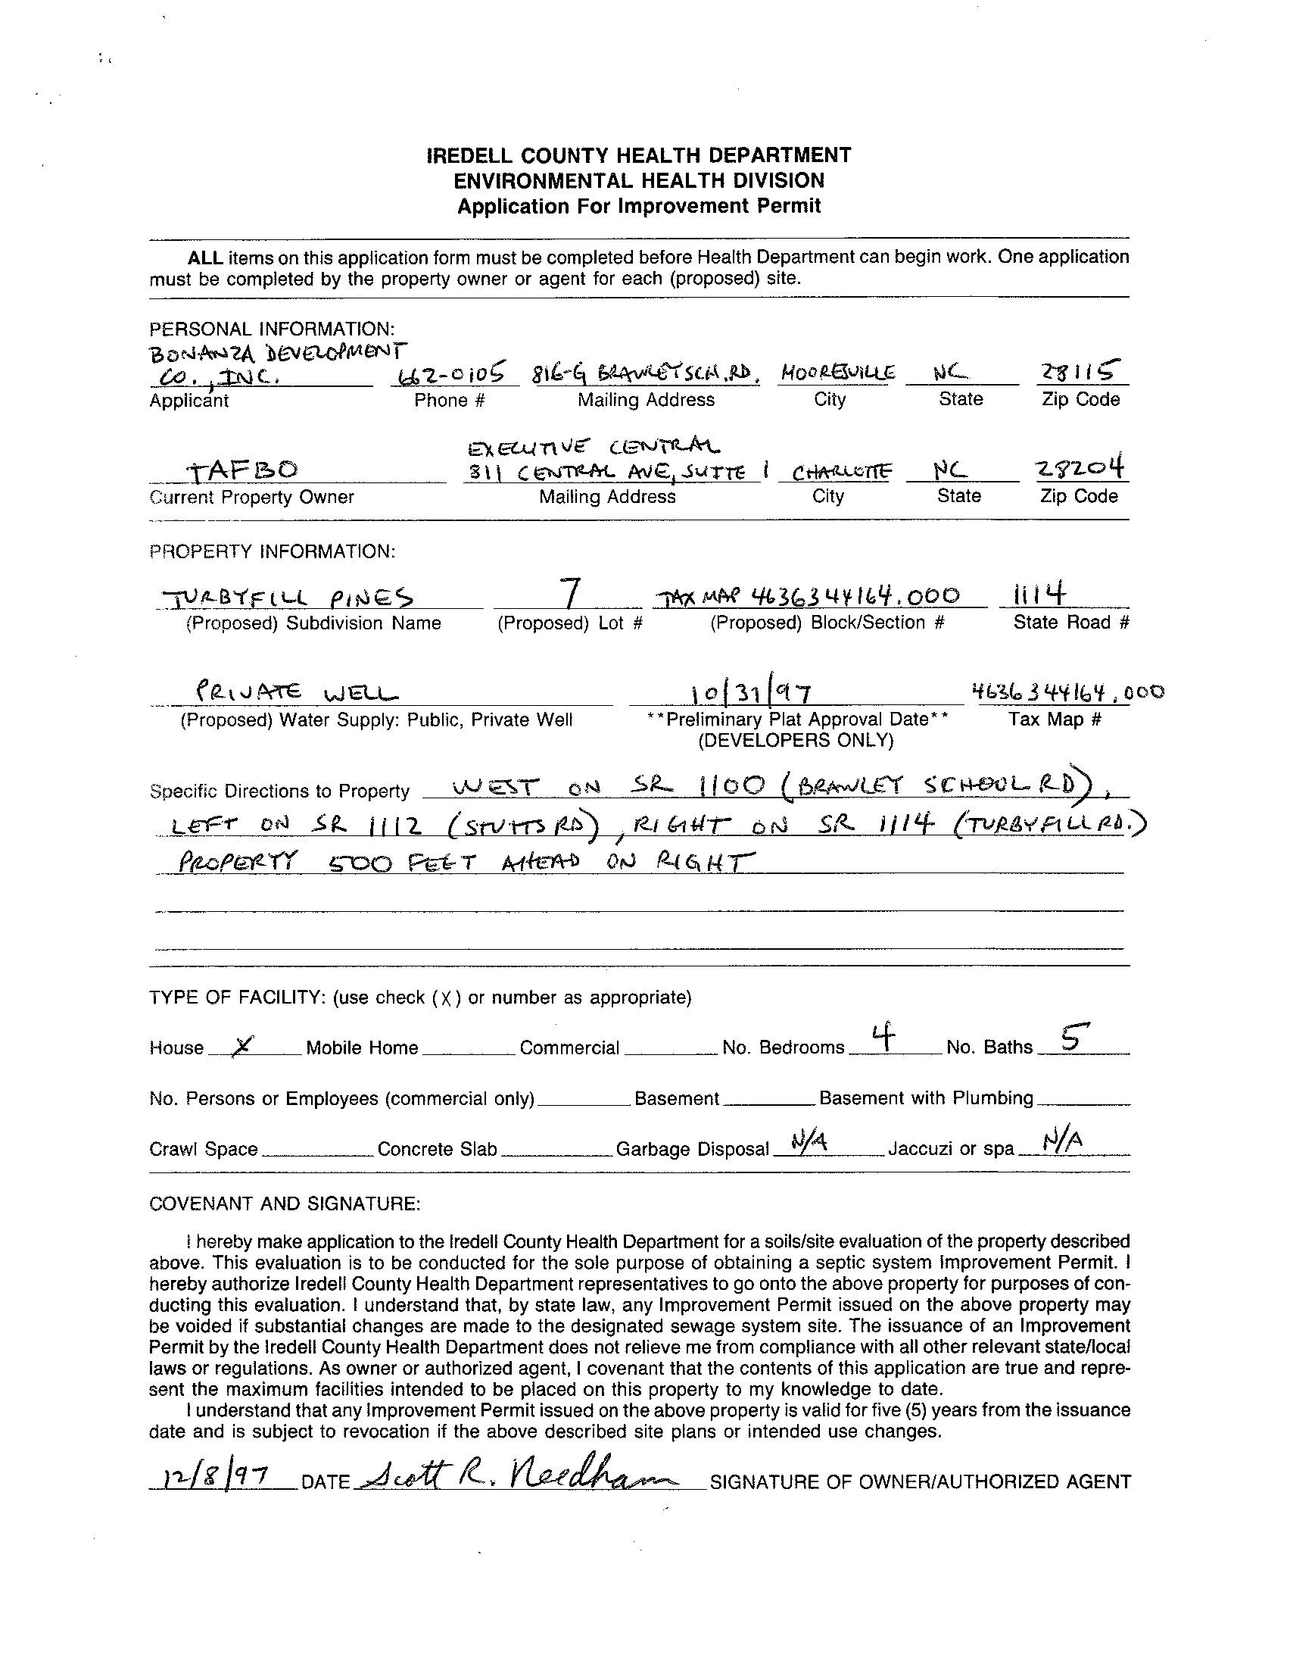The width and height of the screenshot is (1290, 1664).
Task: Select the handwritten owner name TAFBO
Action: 245,470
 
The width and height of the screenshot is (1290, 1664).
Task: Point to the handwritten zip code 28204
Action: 1080,467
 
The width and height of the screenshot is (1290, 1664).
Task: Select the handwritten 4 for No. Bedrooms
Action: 883,1037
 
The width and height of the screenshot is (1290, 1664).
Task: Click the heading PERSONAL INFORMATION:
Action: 272,329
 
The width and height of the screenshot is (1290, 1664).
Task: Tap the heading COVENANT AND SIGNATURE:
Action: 285,1204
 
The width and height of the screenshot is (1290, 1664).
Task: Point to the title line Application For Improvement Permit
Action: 639,207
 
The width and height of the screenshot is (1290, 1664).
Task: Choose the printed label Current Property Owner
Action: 252,498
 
